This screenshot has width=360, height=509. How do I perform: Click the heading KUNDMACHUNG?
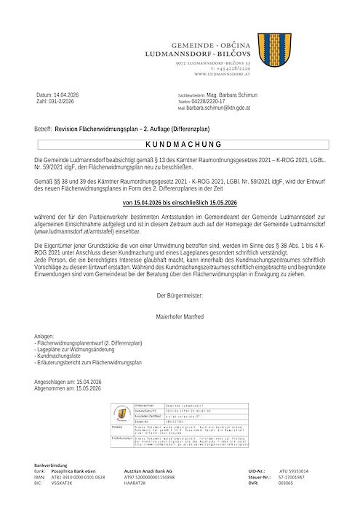(180, 145)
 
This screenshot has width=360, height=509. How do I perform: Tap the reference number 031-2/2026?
(63, 103)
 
